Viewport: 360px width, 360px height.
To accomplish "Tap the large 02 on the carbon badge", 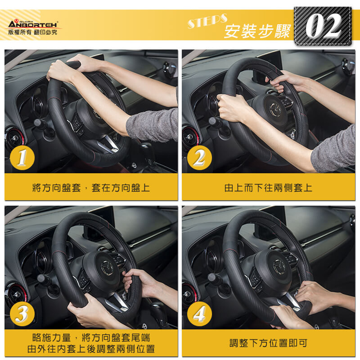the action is pos(323,26).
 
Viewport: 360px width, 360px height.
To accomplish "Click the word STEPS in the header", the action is pos(207,21).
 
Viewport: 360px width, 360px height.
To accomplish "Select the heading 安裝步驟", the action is pos(257,31).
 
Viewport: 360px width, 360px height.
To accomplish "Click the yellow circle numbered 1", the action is pos(22,158).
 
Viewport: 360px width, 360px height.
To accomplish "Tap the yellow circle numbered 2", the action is pos(199,158).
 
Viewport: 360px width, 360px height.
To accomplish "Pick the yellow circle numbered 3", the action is pos(22,314).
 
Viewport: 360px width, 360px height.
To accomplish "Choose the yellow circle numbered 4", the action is pos(199,314).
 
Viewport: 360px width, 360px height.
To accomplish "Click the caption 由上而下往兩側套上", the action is pos(268,188).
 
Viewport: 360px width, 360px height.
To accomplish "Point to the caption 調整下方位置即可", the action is pos(268,343).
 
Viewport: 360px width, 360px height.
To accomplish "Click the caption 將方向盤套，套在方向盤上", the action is pos(91,188).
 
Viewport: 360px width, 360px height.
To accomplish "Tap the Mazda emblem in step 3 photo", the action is pos(109,267).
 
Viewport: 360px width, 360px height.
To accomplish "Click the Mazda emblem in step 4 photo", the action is pos(279,267).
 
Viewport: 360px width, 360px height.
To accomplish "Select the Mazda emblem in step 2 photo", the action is pos(276,110).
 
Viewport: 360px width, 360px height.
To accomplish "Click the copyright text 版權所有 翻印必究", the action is pos(33,32).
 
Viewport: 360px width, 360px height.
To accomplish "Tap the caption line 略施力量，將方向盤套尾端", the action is pos(91,338).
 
